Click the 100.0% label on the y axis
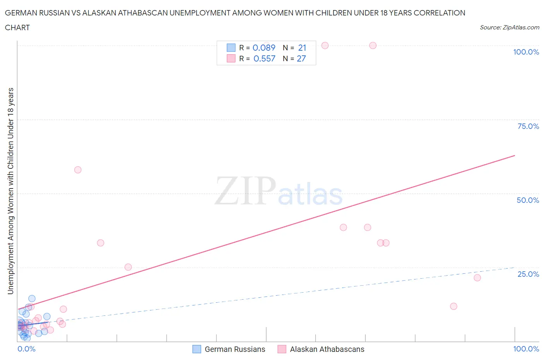coord(526,52)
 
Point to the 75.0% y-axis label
coord(528,126)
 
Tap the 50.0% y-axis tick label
coord(528,200)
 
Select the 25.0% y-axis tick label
coord(528,274)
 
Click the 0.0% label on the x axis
coord(26,349)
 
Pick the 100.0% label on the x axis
coord(526,349)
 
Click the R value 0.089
coord(264,48)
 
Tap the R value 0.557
coord(264,58)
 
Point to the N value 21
coord(302,48)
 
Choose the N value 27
coord(301,58)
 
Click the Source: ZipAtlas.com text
coord(509,27)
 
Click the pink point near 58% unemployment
coord(78,170)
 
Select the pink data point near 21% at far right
coord(477,278)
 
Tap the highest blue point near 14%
coord(32,298)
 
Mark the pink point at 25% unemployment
coord(128,267)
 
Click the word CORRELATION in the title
coord(440,13)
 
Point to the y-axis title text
coord(11,191)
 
